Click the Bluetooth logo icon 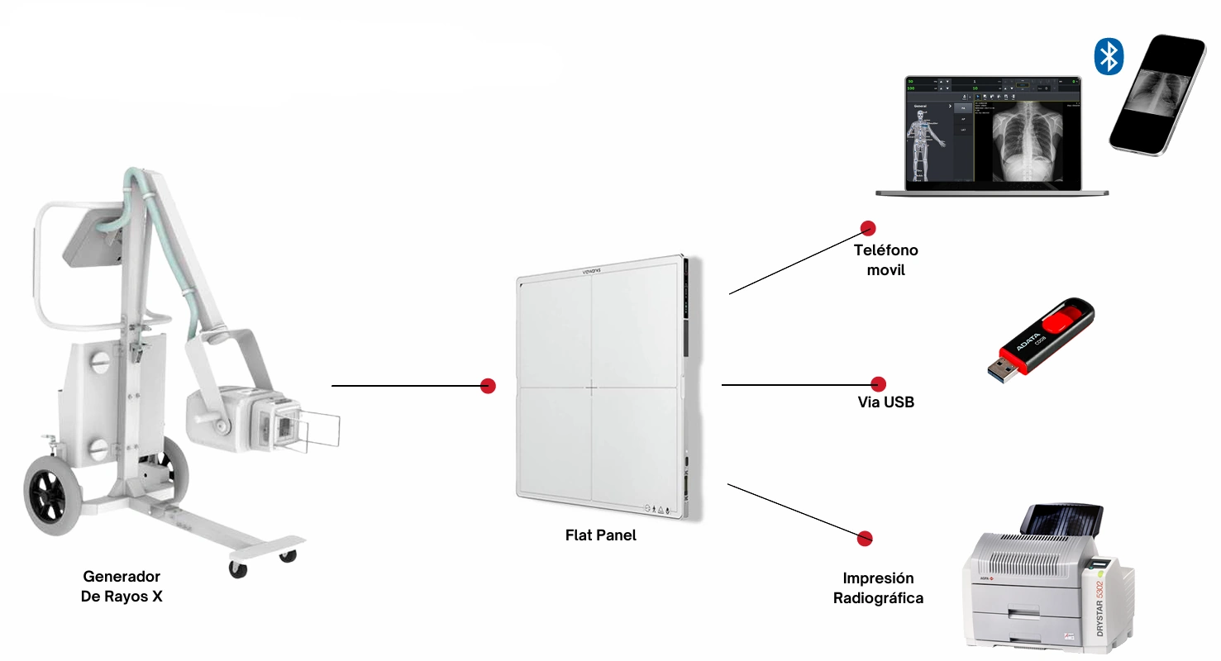coord(1108,56)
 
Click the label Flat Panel coord(601,535)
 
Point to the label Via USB coord(885,403)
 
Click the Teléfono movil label coord(885,259)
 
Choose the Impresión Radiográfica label coord(878,587)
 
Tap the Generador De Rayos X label coord(122,586)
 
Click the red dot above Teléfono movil coord(867,228)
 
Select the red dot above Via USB coord(879,383)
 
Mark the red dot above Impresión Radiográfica coord(865,537)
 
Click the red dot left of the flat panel coord(488,385)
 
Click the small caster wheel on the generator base coord(237,569)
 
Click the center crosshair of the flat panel coord(591,387)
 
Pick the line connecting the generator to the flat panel coord(405,386)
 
